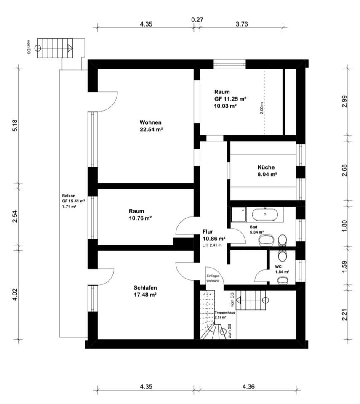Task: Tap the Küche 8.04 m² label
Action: click(267, 171)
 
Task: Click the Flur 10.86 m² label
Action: click(214, 235)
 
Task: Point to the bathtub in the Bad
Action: click(265, 214)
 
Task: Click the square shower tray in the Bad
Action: click(239, 215)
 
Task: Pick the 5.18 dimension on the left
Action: click(15, 125)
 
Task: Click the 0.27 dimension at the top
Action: click(197, 20)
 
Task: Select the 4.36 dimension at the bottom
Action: click(248, 386)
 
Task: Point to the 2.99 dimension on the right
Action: click(344, 101)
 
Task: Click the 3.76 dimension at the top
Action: click(242, 24)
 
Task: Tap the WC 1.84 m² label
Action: click(282, 269)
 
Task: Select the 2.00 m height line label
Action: click(262, 108)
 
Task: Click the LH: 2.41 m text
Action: click(212, 245)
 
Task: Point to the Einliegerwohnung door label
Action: click(213, 278)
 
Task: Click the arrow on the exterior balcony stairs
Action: click(70, 48)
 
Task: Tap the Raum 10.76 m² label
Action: click(140, 215)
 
